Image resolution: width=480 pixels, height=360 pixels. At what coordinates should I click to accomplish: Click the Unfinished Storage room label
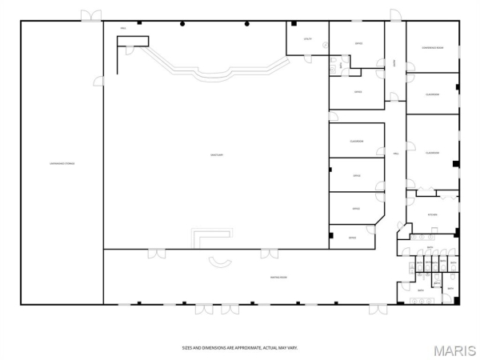point(61,164)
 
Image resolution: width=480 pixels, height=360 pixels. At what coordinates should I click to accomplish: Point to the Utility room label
point(306,38)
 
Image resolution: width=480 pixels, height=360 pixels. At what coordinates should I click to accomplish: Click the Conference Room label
point(432,48)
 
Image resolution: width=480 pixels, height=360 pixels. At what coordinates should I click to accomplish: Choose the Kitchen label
point(432,214)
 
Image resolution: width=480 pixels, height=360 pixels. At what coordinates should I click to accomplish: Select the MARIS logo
point(454,350)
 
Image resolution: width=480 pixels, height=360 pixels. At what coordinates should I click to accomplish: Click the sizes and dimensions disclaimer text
point(240,348)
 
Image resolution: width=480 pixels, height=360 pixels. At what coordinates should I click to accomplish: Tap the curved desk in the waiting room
point(218,260)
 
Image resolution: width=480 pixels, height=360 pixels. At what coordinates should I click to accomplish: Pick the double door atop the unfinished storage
point(90,15)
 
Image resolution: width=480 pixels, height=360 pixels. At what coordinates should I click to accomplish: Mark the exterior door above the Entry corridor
point(394,15)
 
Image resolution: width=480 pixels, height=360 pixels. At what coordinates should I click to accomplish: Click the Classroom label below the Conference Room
point(432,94)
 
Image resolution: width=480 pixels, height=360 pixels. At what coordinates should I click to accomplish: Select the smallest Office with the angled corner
point(352,238)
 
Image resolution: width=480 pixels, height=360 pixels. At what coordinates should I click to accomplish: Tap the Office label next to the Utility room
point(358,43)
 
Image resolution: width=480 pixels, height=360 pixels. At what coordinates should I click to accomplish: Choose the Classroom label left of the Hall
point(357,142)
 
